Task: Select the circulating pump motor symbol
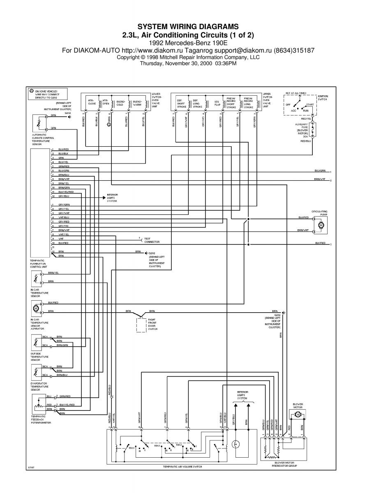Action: click(x=321, y=225)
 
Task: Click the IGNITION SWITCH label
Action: click(x=323, y=98)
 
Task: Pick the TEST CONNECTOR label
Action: click(x=149, y=240)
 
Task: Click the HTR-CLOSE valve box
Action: click(x=91, y=103)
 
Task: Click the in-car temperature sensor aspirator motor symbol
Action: click(x=35, y=307)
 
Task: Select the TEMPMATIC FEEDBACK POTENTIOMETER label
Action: click(x=40, y=419)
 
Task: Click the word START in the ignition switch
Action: click(x=310, y=105)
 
